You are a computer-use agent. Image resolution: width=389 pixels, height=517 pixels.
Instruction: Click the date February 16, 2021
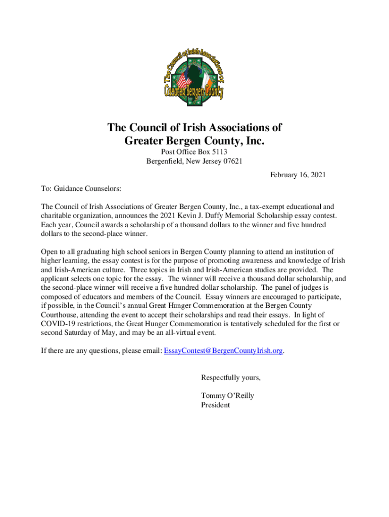tap(298, 175)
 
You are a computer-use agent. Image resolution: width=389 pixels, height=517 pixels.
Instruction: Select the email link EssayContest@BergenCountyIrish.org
tap(223, 350)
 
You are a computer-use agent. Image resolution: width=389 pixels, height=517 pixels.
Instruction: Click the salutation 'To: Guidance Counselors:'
tap(81, 189)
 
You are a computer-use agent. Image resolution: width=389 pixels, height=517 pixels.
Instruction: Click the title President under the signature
tap(215, 405)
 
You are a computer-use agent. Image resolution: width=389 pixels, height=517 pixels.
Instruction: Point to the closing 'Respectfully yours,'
tap(231, 378)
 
